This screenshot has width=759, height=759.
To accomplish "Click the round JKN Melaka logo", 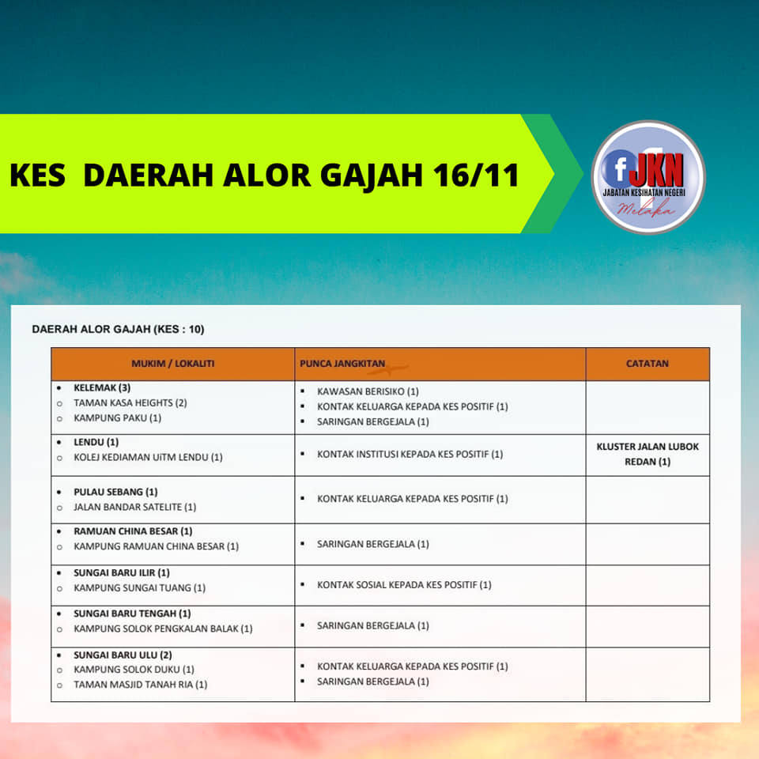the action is pyautogui.click(x=648, y=177).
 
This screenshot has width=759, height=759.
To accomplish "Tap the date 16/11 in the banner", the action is pyautogui.click(x=476, y=175).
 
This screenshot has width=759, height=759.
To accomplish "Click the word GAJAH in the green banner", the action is pyautogui.click(x=372, y=176).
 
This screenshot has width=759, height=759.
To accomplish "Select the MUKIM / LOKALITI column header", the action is pyautogui.click(x=173, y=364).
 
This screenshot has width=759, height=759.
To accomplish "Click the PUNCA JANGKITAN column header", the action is pyautogui.click(x=342, y=364).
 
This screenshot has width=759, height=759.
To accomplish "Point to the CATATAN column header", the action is pyautogui.click(x=648, y=364).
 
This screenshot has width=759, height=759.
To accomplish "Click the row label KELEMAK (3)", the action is pyautogui.click(x=102, y=387).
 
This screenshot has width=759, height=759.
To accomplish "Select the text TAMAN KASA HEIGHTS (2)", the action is pyautogui.click(x=130, y=402).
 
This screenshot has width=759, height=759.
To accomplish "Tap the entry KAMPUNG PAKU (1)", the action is pyautogui.click(x=118, y=417).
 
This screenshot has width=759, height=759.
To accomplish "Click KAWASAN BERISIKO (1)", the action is pyautogui.click(x=368, y=391).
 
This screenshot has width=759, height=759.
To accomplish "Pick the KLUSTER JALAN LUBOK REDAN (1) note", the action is pyautogui.click(x=648, y=454).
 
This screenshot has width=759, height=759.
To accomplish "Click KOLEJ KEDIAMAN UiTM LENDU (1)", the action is pyautogui.click(x=148, y=457).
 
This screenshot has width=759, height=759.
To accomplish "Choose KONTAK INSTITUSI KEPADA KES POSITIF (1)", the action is pyautogui.click(x=410, y=454).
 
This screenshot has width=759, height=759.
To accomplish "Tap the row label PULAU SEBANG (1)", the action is pyautogui.click(x=115, y=492).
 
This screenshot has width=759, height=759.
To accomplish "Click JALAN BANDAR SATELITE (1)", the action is pyautogui.click(x=135, y=507).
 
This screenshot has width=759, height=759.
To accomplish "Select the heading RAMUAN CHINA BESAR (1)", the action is pyautogui.click(x=133, y=531).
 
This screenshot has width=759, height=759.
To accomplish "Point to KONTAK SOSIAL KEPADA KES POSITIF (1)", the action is pyautogui.click(x=404, y=585).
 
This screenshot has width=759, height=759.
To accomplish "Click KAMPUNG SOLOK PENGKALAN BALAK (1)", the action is pyautogui.click(x=163, y=629).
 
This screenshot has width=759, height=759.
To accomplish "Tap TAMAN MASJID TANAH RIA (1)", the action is pyautogui.click(x=141, y=685).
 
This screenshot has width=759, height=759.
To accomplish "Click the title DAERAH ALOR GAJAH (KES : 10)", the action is pyautogui.click(x=118, y=329).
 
